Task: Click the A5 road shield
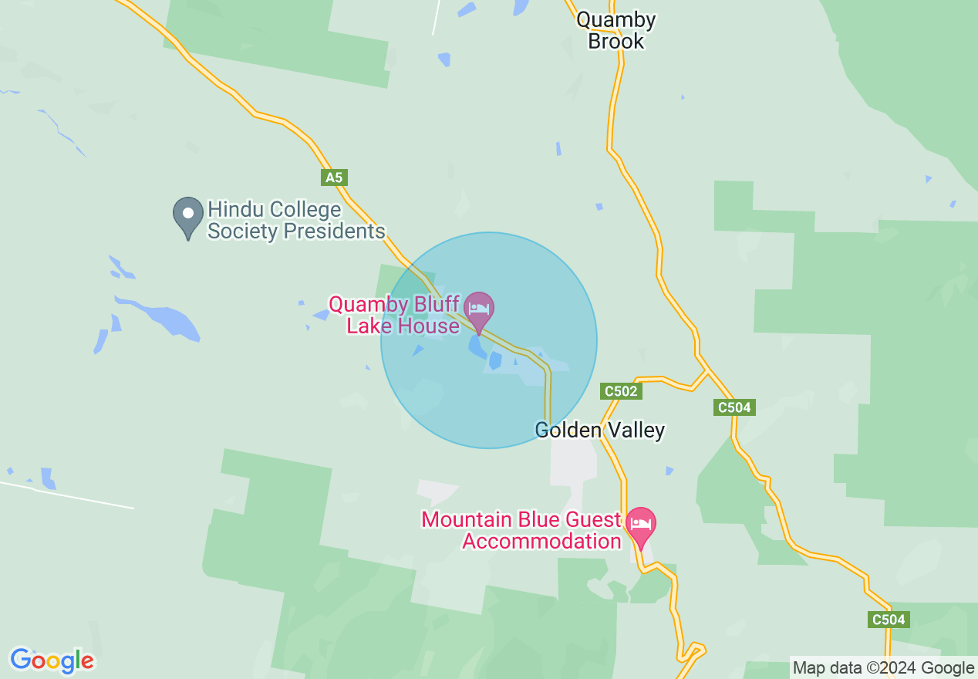tap(333, 178)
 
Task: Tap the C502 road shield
tap(621, 391)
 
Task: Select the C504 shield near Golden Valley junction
tap(733, 407)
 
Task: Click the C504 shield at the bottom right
tap(889, 619)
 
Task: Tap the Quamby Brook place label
tap(615, 30)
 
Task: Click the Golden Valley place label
tap(600, 430)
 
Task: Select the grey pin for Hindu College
tap(187, 216)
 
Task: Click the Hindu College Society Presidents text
tap(296, 220)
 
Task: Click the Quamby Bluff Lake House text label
tap(395, 315)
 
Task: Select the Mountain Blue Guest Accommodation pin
tap(640, 525)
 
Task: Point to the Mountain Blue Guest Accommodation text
tap(521, 530)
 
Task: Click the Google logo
tap(52, 660)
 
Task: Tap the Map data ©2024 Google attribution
tap(883, 668)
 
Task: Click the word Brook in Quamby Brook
tap(615, 41)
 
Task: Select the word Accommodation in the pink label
tap(541, 541)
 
